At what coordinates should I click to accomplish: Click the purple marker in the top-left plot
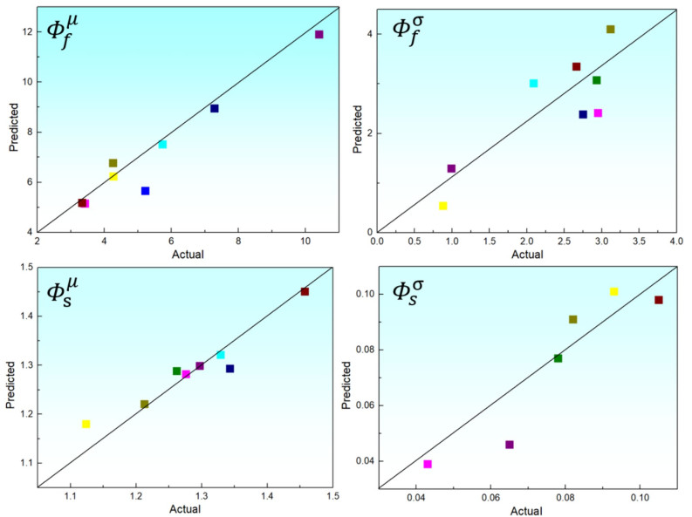click(x=319, y=35)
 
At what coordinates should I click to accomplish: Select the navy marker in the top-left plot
click(x=215, y=108)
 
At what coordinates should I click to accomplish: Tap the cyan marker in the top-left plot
click(x=162, y=145)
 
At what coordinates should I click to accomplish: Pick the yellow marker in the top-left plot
click(x=113, y=176)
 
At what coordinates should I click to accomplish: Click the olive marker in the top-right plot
click(x=610, y=30)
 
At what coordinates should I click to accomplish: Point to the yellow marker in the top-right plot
click(x=443, y=206)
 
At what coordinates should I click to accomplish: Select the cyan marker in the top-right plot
click(x=533, y=84)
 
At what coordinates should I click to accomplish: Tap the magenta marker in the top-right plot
click(x=598, y=113)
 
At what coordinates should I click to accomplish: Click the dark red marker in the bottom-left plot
click(x=305, y=292)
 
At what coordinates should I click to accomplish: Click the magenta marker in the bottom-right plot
click(x=428, y=464)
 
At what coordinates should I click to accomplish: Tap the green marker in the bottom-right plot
click(x=558, y=358)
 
